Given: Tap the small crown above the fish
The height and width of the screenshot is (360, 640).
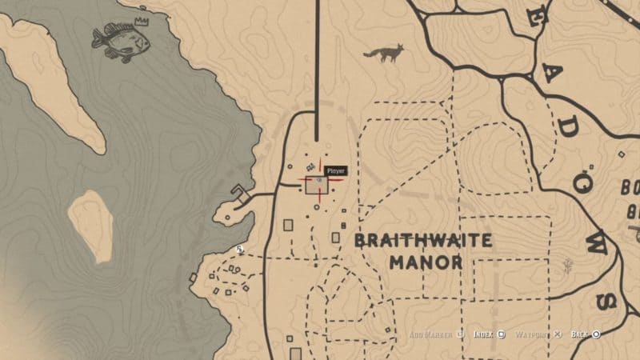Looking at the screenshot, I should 142,21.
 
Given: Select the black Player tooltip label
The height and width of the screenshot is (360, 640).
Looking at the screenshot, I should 335,170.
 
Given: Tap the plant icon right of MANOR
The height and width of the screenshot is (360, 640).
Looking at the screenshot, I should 569,264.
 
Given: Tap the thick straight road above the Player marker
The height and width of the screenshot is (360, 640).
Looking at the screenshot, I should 318,72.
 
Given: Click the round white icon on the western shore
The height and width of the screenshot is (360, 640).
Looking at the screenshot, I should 239,250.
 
